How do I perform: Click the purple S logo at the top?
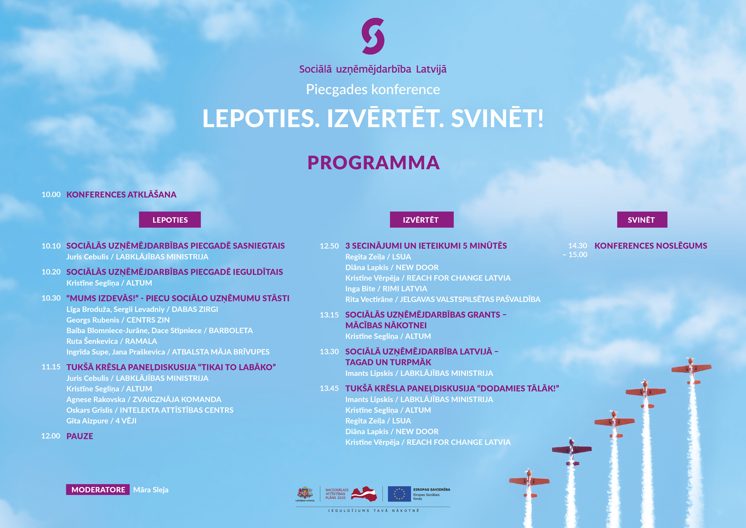pyautogui.click(x=373, y=36)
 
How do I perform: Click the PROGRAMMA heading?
pyautogui.click(x=373, y=163)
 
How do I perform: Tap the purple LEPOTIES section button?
pyautogui.click(x=170, y=220)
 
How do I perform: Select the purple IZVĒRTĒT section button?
pyautogui.click(x=421, y=220)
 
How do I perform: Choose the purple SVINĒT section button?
pyautogui.click(x=641, y=220)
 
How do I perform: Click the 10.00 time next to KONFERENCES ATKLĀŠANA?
pyautogui.click(x=51, y=194)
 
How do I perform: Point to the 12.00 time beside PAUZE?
pyautogui.click(x=51, y=436)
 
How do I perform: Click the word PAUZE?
pyautogui.click(x=80, y=436)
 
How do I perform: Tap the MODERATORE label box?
pyautogui.click(x=98, y=490)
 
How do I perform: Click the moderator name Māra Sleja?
pyautogui.click(x=151, y=490)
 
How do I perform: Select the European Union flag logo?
pyautogui.click(x=399, y=494)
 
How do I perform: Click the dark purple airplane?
pyautogui.click(x=572, y=451)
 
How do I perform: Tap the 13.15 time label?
pyautogui.click(x=329, y=315)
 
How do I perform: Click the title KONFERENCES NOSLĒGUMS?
pyautogui.click(x=650, y=246)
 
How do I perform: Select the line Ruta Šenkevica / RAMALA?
pyautogui.click(x=112, y=341)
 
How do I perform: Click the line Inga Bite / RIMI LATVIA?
pyautogui.click(x=386, y=288)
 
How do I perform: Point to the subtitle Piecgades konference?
pyautogui.click(x=373, y=89)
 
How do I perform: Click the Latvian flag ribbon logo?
pyautogui.click(x=364, y=494)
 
